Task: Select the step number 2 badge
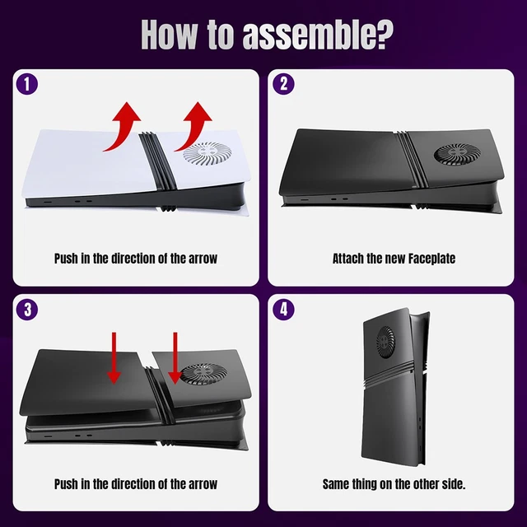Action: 283,83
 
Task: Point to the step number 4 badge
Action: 283,310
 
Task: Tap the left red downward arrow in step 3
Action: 114,357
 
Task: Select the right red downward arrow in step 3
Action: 175,357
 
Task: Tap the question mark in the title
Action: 384,34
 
